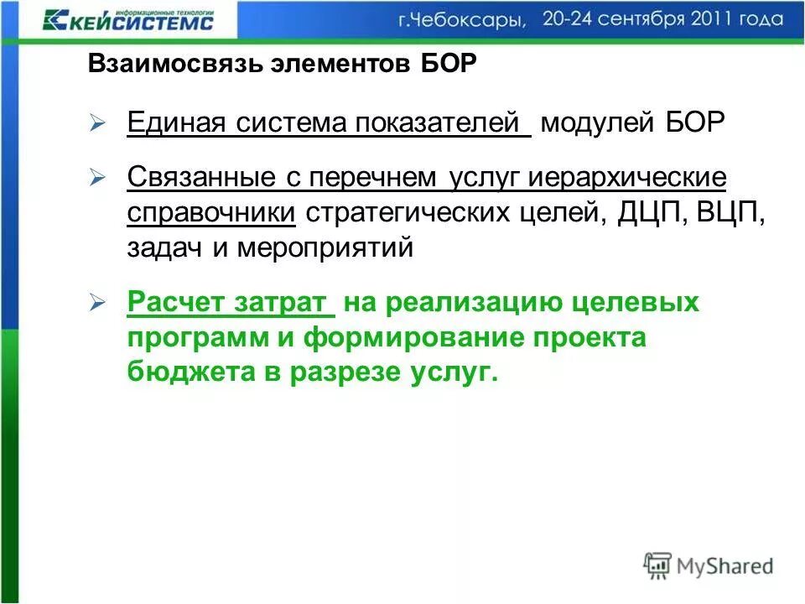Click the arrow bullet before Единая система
pos(97,124)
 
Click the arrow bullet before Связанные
pos(97,177)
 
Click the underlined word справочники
pos(212,213)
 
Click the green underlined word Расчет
pos(174,303)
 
